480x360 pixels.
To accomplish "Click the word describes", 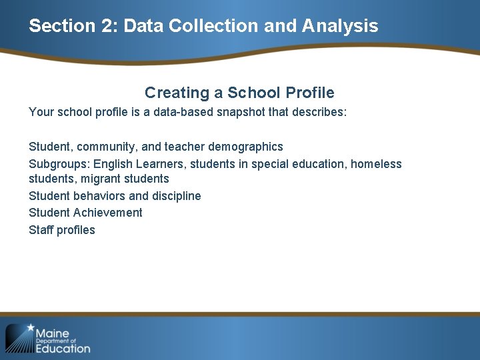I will pyautogui.click(x=319, y=112).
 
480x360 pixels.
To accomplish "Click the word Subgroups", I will pyautogui.click(x=59, y=164).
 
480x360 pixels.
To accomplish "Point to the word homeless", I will pyautogui.click(x=377, y=164).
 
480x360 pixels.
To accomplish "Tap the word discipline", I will pyautogui.click(x=176, y=196).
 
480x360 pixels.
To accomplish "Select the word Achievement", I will pyautogui.click(x=108, y=213).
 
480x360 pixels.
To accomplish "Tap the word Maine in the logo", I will pyautogui.click(x=52, y=333).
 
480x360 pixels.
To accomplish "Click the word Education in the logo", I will pyautogui.click(x=63, y=348).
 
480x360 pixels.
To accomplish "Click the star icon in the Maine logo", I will pyautogui.click(x=30, y=327).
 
